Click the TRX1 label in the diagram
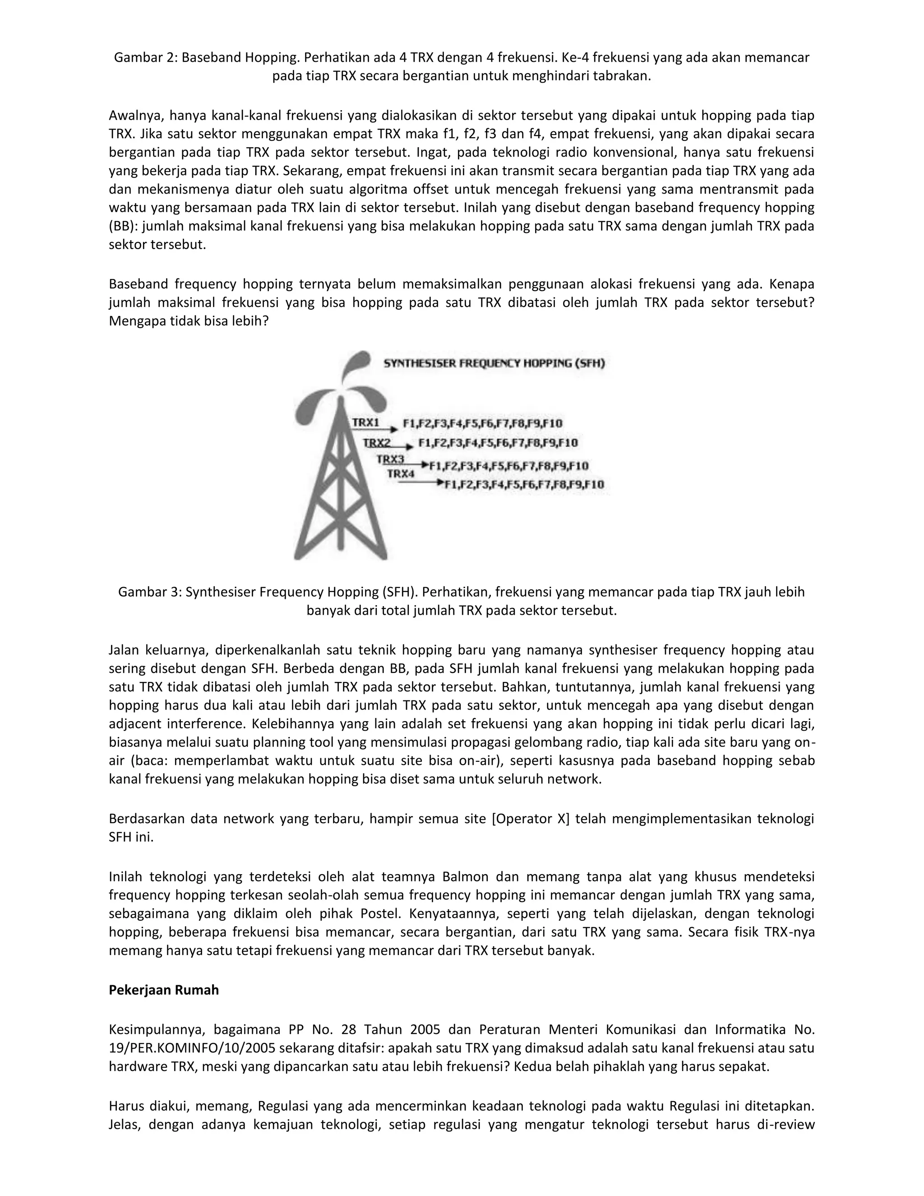point(365,422)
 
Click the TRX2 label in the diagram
point(377,442)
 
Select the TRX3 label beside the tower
point(390,459)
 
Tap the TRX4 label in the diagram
point(401,474)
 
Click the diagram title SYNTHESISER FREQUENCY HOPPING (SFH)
point(494,363)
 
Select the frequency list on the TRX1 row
point(482,423)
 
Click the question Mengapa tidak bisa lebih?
point(188,321)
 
